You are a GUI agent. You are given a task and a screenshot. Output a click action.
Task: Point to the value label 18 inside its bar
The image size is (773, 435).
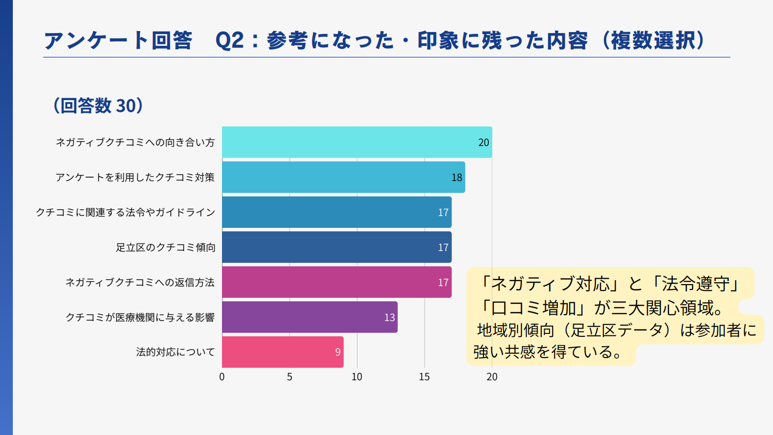457,178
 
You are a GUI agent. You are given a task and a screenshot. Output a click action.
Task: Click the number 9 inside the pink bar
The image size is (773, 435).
338,352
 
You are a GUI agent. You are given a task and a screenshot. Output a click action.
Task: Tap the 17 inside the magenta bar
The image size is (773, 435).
443,283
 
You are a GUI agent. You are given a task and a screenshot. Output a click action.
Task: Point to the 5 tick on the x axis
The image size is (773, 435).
290,377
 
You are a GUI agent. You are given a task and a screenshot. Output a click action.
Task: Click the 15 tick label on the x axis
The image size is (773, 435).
424,377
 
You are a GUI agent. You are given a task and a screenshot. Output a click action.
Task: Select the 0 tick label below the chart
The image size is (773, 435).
222,377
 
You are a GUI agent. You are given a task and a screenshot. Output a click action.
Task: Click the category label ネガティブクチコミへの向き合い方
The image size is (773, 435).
135,143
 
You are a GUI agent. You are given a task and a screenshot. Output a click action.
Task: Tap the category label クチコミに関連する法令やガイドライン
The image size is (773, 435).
125,213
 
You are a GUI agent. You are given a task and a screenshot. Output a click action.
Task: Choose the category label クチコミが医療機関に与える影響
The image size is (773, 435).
140,318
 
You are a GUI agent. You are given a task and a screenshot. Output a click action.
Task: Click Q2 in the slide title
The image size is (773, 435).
229,40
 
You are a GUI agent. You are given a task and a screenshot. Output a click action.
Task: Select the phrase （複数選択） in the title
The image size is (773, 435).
654,40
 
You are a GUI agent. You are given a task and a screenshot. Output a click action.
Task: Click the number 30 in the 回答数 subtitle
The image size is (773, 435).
125,106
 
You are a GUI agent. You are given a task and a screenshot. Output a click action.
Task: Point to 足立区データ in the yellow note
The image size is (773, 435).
616,330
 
